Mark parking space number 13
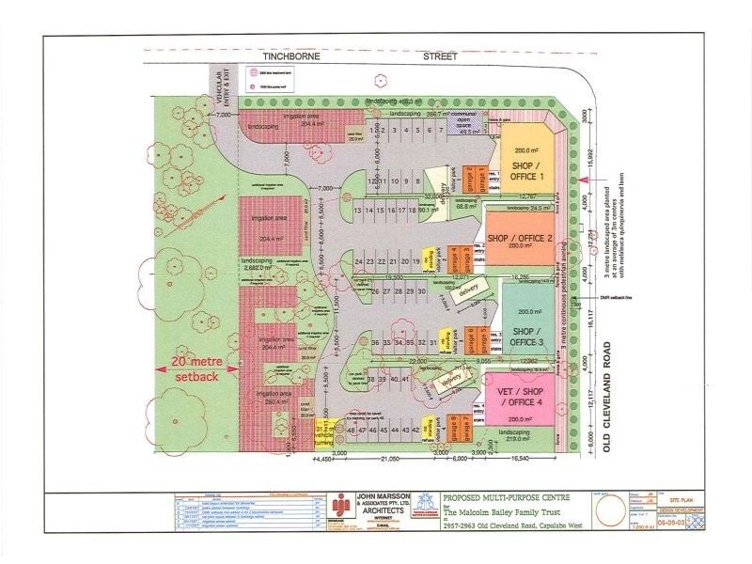[357, 211]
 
